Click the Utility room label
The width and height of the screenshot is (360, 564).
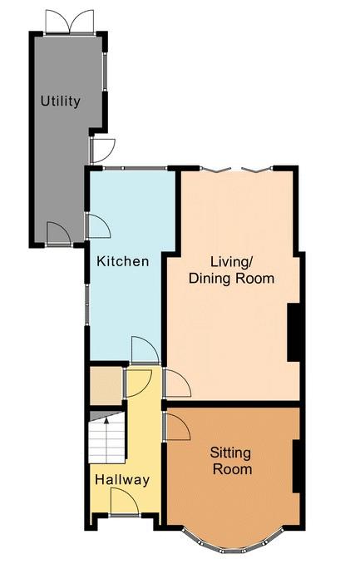(x=60, y=101)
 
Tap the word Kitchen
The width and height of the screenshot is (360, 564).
(x=123, y=261)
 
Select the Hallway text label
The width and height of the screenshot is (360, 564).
(x=122, y=480)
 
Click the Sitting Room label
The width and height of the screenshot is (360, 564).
(x=230, y=461)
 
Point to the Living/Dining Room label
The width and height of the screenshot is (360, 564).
(x=231, y=270)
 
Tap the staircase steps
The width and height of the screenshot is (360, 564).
(x=106, y=442)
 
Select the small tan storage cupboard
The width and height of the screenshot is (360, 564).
(x=106, y=386)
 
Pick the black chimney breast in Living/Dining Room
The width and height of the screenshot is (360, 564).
(x=293, y=333)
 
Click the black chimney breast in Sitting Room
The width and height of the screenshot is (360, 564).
(x=296, y=466)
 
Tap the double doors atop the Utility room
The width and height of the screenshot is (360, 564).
(x=70, y=22)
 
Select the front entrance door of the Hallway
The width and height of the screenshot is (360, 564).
(x=124, y=502)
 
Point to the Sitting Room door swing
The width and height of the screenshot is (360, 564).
(x=177, y=427)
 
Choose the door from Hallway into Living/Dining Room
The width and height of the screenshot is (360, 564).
(x=177, y=383)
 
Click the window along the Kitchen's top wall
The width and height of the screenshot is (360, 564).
(x=136, y=168)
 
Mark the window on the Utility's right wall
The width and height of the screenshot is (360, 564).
(x=105, y=72)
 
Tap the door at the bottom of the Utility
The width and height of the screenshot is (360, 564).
(x=59, y=234)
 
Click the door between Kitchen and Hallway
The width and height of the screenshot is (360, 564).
(x=145, y=351)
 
